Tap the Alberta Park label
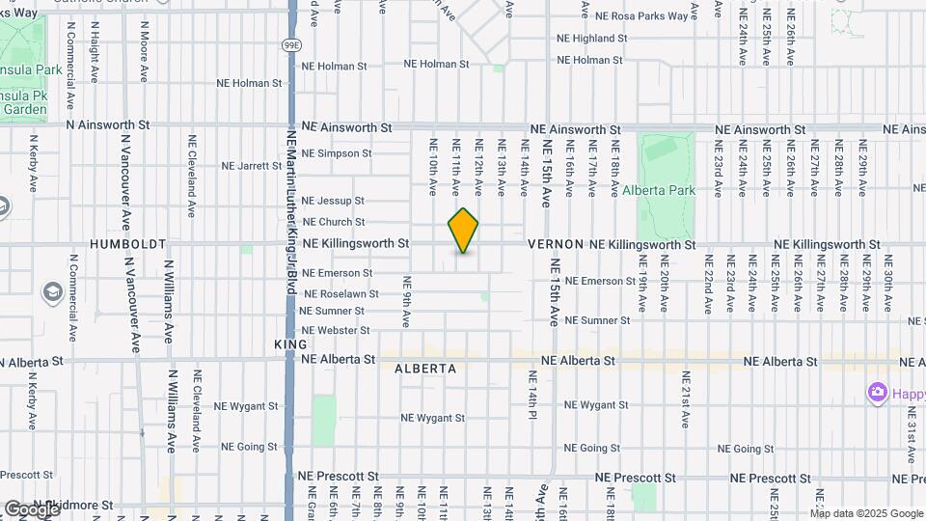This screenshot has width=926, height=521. point(659,190)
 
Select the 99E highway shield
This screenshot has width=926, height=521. point(292,44)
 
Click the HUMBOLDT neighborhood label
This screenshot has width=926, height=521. point(128,245)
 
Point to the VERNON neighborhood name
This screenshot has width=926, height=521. point(556,245)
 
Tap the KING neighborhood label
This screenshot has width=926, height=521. point(290,344)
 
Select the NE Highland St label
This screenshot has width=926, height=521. point(592,39)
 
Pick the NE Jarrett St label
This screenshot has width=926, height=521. point(251,166)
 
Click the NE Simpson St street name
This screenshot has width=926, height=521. point(337,153)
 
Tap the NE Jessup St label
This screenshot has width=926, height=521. point(333,201)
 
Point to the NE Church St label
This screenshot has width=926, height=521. point(333,222)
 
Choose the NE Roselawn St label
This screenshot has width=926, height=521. point(340,293)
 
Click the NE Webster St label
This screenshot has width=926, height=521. point(335,331)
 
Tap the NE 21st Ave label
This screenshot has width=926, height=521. point(686,398)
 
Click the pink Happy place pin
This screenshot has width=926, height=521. point(877,393)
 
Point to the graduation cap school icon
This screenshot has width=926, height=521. point(51,291)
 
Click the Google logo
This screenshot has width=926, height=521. point(31,508)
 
